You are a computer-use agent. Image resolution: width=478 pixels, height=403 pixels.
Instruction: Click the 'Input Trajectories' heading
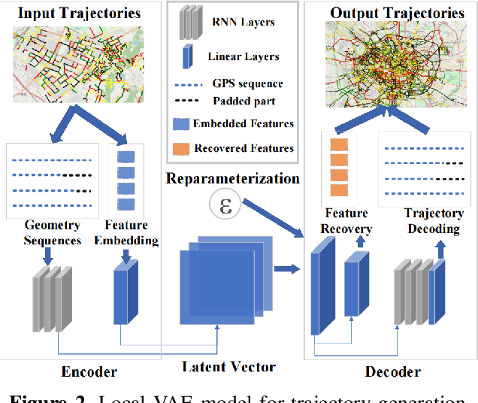(79, 13)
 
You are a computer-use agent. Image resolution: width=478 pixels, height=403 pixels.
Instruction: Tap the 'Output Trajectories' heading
(398, 13)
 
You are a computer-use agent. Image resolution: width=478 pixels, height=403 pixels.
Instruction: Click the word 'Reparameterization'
(233, 179)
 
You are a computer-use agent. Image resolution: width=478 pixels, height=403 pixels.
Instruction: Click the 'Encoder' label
(89, 371)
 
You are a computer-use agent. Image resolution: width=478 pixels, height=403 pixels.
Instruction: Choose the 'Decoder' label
(392, 371)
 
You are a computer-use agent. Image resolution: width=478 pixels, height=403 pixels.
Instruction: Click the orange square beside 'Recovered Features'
(181, 148)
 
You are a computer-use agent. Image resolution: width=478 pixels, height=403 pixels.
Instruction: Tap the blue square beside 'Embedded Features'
(181, 124)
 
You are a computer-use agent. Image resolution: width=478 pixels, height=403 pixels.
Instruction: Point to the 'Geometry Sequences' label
(53, 232)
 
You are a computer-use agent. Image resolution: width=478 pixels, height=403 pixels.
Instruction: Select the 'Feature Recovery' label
(347, 221)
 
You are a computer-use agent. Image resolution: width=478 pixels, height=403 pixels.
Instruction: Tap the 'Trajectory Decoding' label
(434, 221)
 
